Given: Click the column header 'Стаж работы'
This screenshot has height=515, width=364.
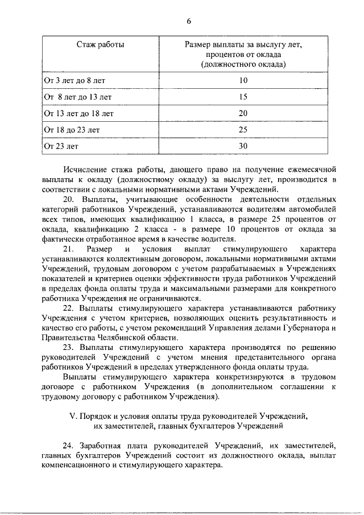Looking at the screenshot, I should [x=101, y=44].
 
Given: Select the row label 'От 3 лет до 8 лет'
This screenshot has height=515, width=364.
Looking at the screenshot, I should [x=75, y=80].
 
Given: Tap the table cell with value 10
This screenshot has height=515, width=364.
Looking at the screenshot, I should [x=243, y=80].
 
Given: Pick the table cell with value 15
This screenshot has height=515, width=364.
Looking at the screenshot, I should [x=243, y=97].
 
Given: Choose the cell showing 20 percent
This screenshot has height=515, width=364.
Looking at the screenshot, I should [x=243, y=113].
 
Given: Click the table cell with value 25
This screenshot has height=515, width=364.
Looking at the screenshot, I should [x=243, y=130].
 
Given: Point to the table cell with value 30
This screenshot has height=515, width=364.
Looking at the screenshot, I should [x=243, y=146].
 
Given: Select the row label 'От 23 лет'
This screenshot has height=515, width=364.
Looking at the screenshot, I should [x=61, y=146].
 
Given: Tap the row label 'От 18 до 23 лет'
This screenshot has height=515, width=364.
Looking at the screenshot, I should [x=72, y=130].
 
